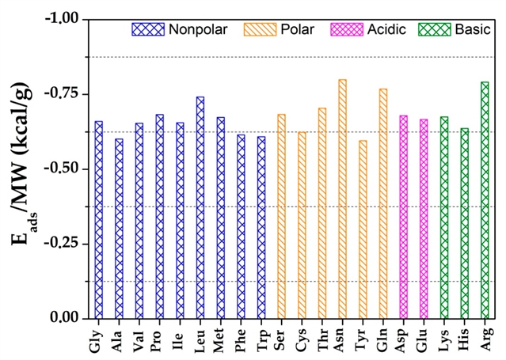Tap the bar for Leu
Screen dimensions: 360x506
pyautogui.click(x=200, y=207)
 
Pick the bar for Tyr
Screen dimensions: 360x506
pyautogui.click(x=363, y=229)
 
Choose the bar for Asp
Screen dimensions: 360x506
pyautogui.click(x=404, y=216)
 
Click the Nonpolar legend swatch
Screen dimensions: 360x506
pyautogui.click(x=147, y=30)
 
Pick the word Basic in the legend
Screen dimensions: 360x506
pyautogui.click(x=472, y=30)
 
